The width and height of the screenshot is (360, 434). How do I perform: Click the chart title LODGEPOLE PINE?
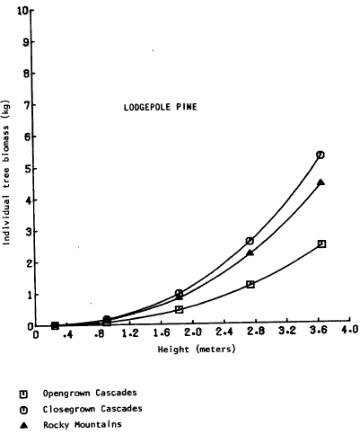click(161, 107)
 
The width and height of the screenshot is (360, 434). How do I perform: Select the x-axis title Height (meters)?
click(197, 350)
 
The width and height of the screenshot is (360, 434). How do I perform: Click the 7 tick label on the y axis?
click(25, 105)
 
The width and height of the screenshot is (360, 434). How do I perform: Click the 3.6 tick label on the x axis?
click(318, 330)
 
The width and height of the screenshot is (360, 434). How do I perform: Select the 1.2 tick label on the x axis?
click(130, 332)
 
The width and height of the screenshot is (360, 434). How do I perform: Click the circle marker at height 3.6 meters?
click(320, 155)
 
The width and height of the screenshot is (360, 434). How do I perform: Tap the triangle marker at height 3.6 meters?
click(320, 182)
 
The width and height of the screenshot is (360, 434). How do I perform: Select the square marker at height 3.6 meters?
click(321, 244)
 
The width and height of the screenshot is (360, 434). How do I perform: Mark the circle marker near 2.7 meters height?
click(250, 241)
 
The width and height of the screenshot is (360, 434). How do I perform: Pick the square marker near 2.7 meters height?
click(250, 284)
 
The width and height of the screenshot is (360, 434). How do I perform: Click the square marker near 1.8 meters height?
click(179, 309)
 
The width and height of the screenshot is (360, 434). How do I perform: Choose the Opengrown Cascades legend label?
click(90, 393)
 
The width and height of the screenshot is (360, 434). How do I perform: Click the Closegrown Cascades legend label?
click(92, 409)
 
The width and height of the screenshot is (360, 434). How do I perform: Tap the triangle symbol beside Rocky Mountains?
click(23, 425)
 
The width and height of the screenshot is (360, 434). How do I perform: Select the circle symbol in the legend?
click(23, 410)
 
